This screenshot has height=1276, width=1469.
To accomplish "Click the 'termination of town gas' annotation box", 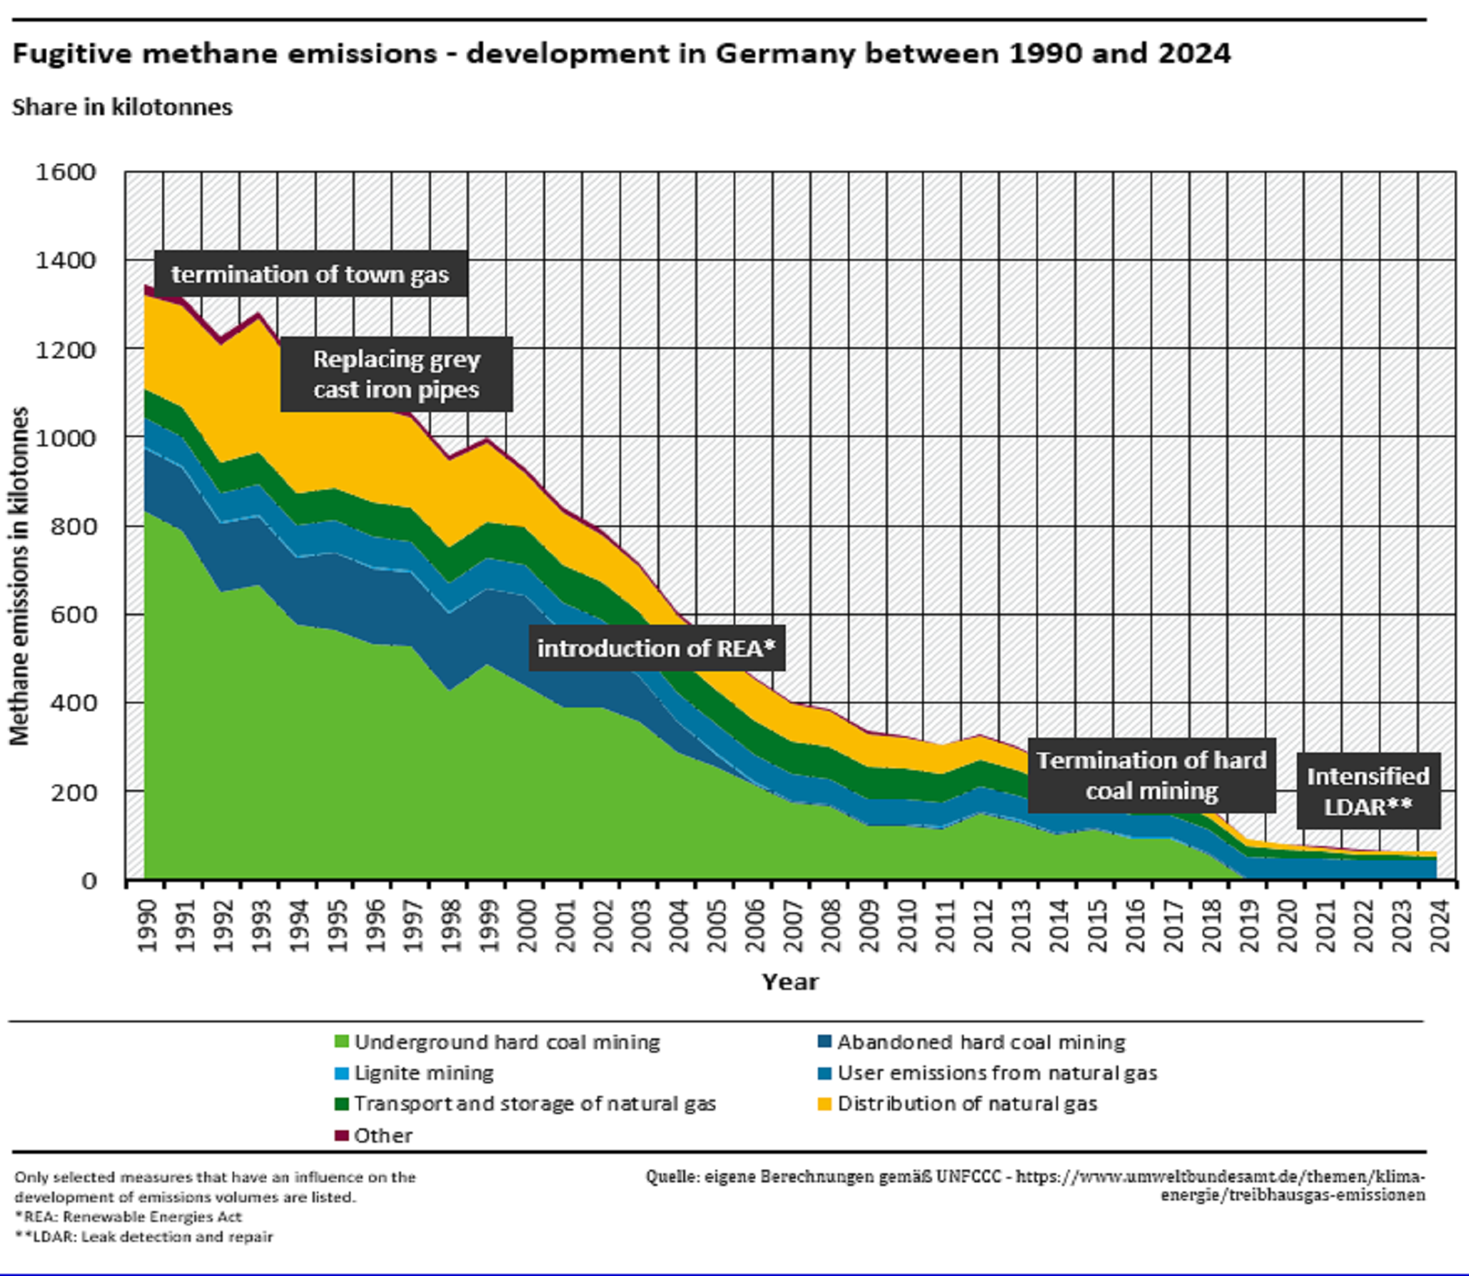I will pyautogui.click(x=311, y=274).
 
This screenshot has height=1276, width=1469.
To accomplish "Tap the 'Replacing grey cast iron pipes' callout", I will pyautogui.click(x=396, y=374).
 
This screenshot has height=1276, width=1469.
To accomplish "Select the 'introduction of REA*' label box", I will pyautogui.click(x=656, y=648).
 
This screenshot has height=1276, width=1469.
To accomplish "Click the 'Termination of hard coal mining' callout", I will pyautogui.click(x=1151, y=775).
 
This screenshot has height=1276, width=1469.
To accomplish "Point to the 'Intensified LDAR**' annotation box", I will pyautogui.click(x=1368, y=791).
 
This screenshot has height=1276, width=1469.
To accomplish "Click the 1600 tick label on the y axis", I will pyautogui.click(x=66, y=172).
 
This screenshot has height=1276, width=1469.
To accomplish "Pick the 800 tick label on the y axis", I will pyautogui.click(x=73, y=526).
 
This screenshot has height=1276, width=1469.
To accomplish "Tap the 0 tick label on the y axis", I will pyautogui.click(x=89, y=880).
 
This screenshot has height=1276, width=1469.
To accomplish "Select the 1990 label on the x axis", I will pyautogui.click(x=146, y=925).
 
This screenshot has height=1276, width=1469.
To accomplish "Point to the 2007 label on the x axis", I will pyautogui.click(x=793, y=925).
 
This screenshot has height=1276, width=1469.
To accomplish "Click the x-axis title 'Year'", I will pyautogui.click(x=789, y=982).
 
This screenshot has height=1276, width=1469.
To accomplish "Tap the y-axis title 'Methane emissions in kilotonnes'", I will pyautogui.click(x=19, y=576).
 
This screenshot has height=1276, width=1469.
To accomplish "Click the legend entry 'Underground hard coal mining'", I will pyautogui.click(x=507, y=1043).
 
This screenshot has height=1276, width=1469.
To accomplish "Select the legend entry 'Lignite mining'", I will pyautogui.click(x=423, y=1073).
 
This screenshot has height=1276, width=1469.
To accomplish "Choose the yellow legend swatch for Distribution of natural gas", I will pyautogui.click(x=824, y=1104).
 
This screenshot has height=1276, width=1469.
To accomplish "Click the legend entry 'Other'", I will pyautogui.click(x=383, y=1135).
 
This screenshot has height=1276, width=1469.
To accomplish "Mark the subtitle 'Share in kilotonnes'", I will pyautogui.click(x=122, y=107).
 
